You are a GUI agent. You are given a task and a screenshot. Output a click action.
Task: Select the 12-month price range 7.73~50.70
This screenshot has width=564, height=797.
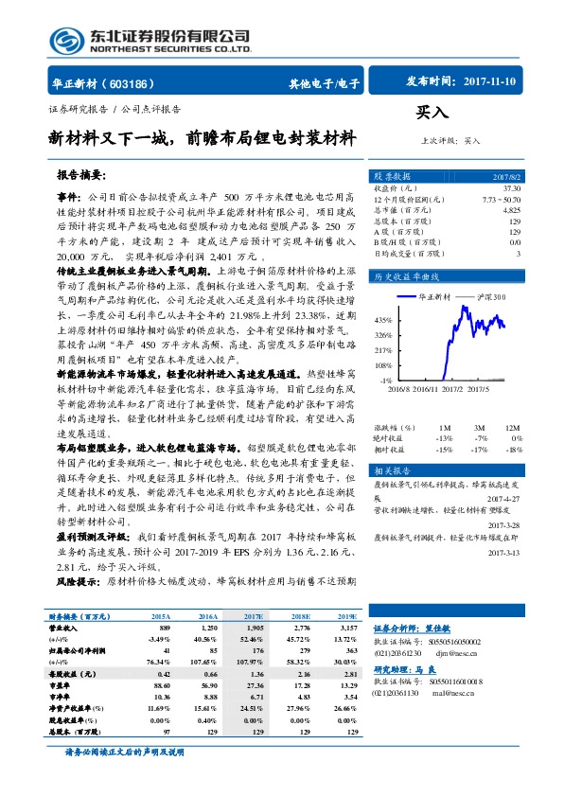[x=501, y=199]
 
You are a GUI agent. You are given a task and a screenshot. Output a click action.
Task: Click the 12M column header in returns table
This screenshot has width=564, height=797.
[x=515, y=402]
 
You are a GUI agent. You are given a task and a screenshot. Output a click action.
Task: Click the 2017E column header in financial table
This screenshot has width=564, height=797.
[x=255, y=615]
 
